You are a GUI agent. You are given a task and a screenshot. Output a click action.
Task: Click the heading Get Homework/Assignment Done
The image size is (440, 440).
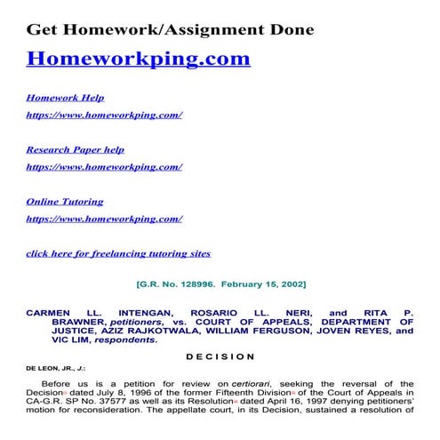pyautogui.click(x=169, y=29)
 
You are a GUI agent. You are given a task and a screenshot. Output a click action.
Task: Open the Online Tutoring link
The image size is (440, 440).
pyautogui.click(x=64, y=202)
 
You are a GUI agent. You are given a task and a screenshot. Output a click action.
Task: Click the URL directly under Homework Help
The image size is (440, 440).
pyautogui.click(x=104, y=115)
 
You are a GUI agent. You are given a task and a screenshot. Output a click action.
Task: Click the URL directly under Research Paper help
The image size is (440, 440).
pyautogui.click(x=104, y=166)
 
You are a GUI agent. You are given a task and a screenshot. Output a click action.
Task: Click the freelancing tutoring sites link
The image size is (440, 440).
pyautogui.click(x=118, y=253)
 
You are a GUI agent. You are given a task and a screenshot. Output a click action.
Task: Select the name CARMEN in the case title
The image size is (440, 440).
pyautogui.click(x=50, y=314)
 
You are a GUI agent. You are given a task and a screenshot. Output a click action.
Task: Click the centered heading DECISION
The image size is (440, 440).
pyautogui.click(x=220, y=356)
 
